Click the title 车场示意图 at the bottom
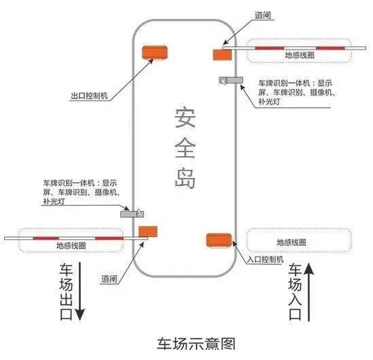click(196, 344)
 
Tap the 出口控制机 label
click(90, 96)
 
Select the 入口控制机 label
click(265, 259)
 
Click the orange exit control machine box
click(155, 52)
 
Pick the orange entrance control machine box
click(219, 240)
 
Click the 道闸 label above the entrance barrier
click(263, 16)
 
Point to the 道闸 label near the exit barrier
click(109, 278)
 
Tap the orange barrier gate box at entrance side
click(222, 55)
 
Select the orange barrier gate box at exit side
click(148, 232)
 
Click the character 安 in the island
click(185, 118)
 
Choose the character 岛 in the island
click(185, 178)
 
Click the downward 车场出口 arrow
click(80, 291)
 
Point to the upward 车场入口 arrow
click(308, 292)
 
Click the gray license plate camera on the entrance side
click(231, 80)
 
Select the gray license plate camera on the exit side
click(132, 213)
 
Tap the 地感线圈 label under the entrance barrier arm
click(300, 55)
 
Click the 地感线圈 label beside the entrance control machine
click(291, 242)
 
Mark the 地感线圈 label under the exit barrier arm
click(71, 245)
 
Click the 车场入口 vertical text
click(296, 292)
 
